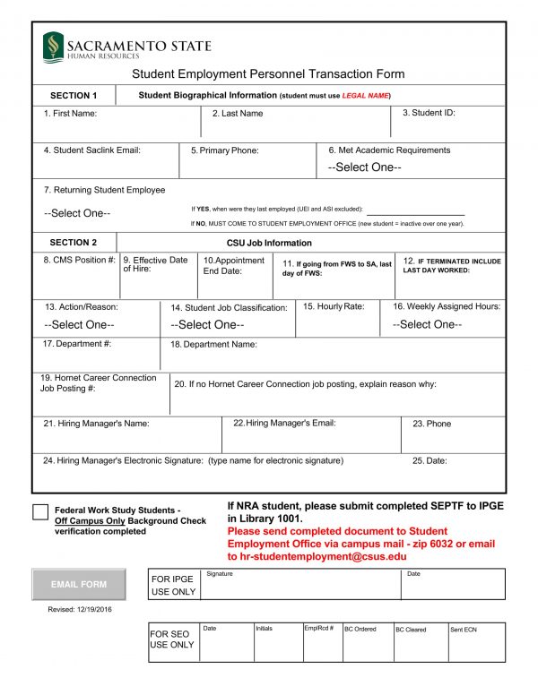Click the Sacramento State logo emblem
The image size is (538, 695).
click(54, 45)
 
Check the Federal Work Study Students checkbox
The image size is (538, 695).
click(40, 511)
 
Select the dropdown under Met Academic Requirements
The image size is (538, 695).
click(364, 167)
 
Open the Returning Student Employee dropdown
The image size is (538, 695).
click(77, 213)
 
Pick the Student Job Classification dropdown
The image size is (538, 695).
click(207, 324)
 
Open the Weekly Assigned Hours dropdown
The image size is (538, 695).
click(427, 324)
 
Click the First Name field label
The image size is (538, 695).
click(71, 114)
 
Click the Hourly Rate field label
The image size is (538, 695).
click(334, 306)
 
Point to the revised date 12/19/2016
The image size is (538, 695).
click(81, 609)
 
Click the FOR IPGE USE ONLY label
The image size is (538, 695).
click(172, 585)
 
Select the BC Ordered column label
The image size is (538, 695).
click(360, 630)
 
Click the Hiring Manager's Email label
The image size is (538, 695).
click(284, 423)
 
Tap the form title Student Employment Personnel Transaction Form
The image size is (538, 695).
click(268, 74)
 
